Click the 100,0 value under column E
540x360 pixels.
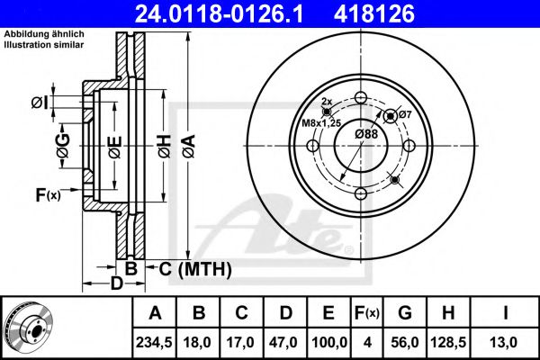tap(329, 341)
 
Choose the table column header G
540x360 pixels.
tap(405, 313)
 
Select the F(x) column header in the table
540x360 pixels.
tap(367, 313)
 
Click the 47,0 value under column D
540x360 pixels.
tap(287, 341)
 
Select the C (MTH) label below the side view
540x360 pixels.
tap(195, 268)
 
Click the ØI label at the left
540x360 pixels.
tap(39, 103)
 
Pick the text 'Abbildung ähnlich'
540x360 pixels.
tap(44, 33)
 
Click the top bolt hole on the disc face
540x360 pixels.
tap(360, 99)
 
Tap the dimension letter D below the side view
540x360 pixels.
tap(115, 284)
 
